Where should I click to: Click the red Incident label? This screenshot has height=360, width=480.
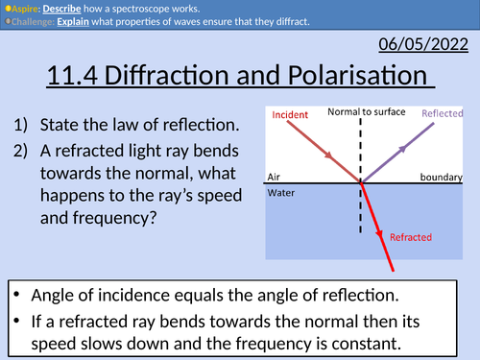pos(290,114)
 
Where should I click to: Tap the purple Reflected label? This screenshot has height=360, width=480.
pos(441,113)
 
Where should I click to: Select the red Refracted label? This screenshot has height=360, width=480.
pos(410,236)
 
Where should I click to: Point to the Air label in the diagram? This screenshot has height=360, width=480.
pos(274,178)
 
